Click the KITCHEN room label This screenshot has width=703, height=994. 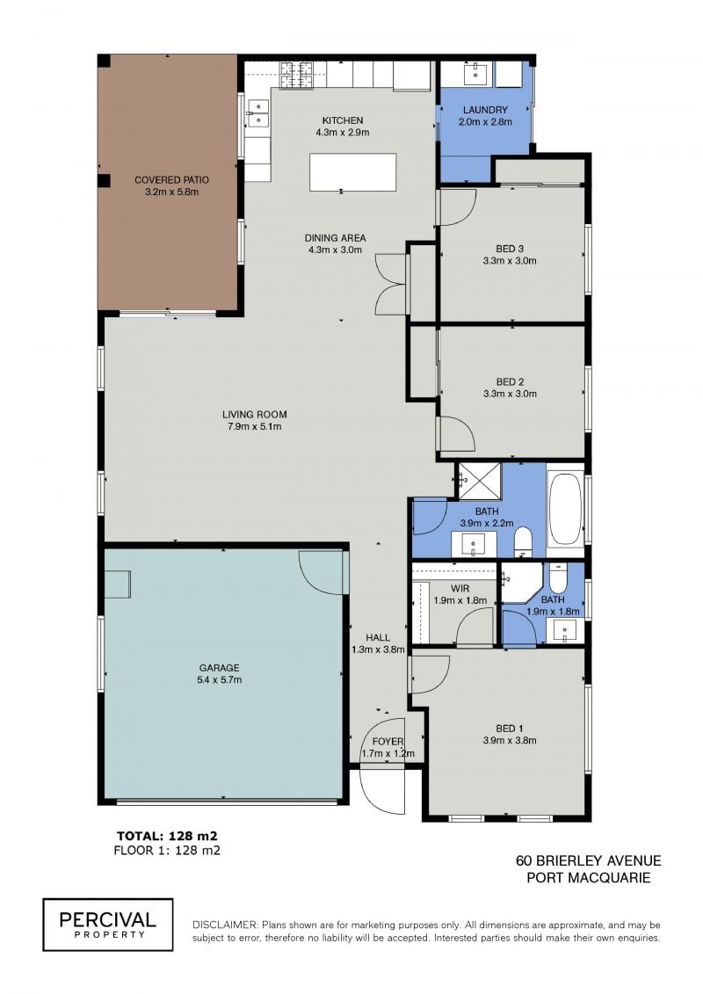pyautogui.click(x=343, y=120)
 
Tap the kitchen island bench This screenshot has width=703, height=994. pyautogui.click(x=352, y=171)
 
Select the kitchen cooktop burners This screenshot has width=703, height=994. pyautogui.click(x=297, y=75)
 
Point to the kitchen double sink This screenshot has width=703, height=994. pyautogui.click(x=258, y=112)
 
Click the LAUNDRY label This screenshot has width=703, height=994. pyautogui.click(x=485, y=110)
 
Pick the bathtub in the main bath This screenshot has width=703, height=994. pyautogui.click(x=565, y=511)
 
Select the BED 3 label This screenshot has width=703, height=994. pyautogui.click(x=510, y=249)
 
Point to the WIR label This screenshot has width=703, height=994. pyautogui.click(x=460, y=589)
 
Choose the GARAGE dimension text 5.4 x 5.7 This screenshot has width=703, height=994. pyautogui.click(x=220, y=679)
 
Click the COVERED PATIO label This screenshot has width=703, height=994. pyautogui.click(x=171, y=180)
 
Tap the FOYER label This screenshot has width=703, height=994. pyautogui.click(x=388, y=742)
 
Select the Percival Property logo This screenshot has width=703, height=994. pyautogui.click(x=108, y=925)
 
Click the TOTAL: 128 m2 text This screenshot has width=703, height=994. pyautogui.click(x=167, y=836)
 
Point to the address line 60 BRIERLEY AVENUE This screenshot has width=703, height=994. pyautogui.click(x=588, y=860)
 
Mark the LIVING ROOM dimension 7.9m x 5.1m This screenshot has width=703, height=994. pyautogui.click(x=254, y=426)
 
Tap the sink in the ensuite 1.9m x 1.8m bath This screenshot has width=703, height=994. pyautogui.click(x=565, y=631)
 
